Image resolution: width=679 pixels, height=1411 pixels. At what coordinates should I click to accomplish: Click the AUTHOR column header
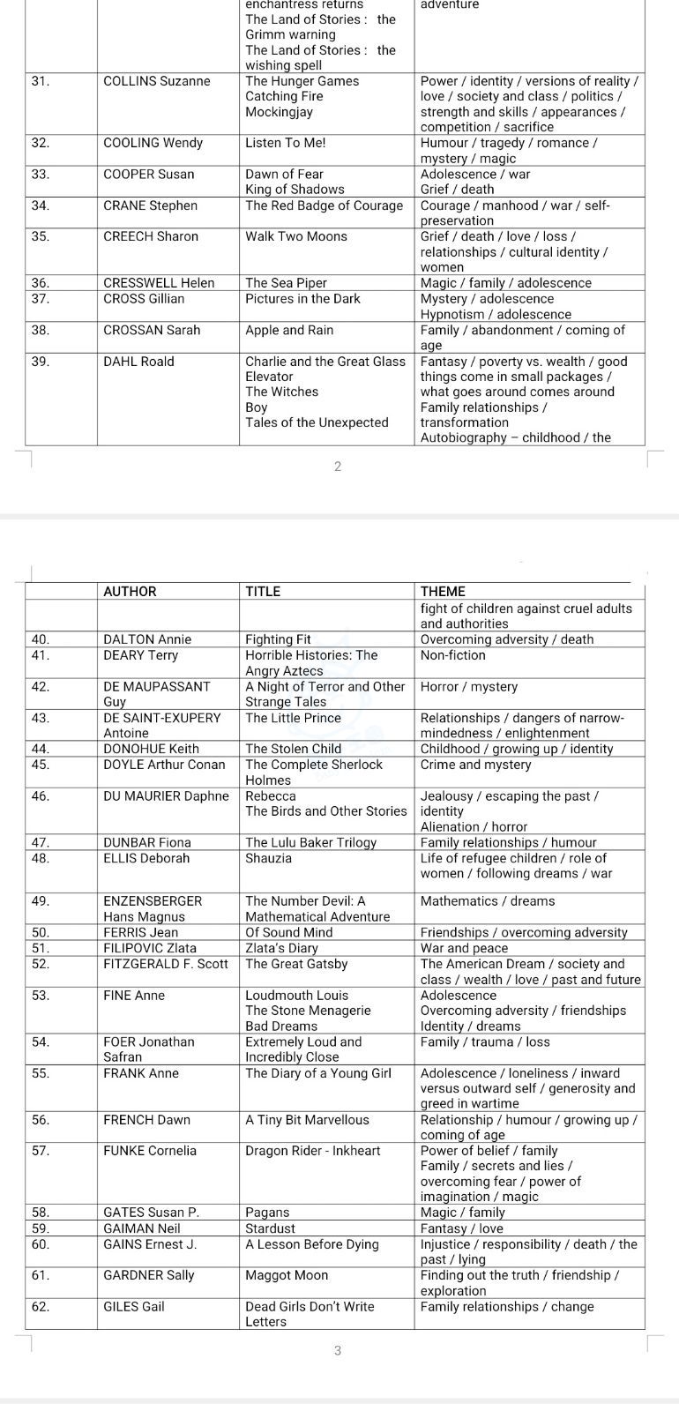(x=130, y=592)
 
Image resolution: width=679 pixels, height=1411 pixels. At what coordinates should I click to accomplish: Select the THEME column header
(x=443, y=592)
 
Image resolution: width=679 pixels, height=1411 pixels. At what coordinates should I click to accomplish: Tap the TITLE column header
(x=263, y=592)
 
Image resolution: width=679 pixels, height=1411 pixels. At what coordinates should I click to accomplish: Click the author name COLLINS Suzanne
(x=157, y=81)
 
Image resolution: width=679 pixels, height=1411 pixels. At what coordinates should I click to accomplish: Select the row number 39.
(x=40, y=362)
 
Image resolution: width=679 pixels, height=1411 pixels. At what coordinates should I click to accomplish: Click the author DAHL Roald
(x=138, y=362)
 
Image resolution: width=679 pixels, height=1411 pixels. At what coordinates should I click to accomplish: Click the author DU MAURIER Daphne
(x=166, y=795)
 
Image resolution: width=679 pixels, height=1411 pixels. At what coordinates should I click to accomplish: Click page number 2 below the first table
(x=338, y=467)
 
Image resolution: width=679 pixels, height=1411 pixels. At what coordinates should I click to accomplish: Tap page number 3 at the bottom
(x=338, y=1350)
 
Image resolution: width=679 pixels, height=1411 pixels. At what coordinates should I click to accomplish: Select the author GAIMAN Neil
(x=141, y=1228)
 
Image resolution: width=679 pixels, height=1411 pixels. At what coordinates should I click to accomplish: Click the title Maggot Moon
(x=287, y=1275)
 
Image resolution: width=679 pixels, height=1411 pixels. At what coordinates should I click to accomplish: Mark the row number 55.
(x=40, y=1073)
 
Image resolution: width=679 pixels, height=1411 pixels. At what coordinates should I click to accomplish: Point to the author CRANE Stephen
(x=150, y=205)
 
